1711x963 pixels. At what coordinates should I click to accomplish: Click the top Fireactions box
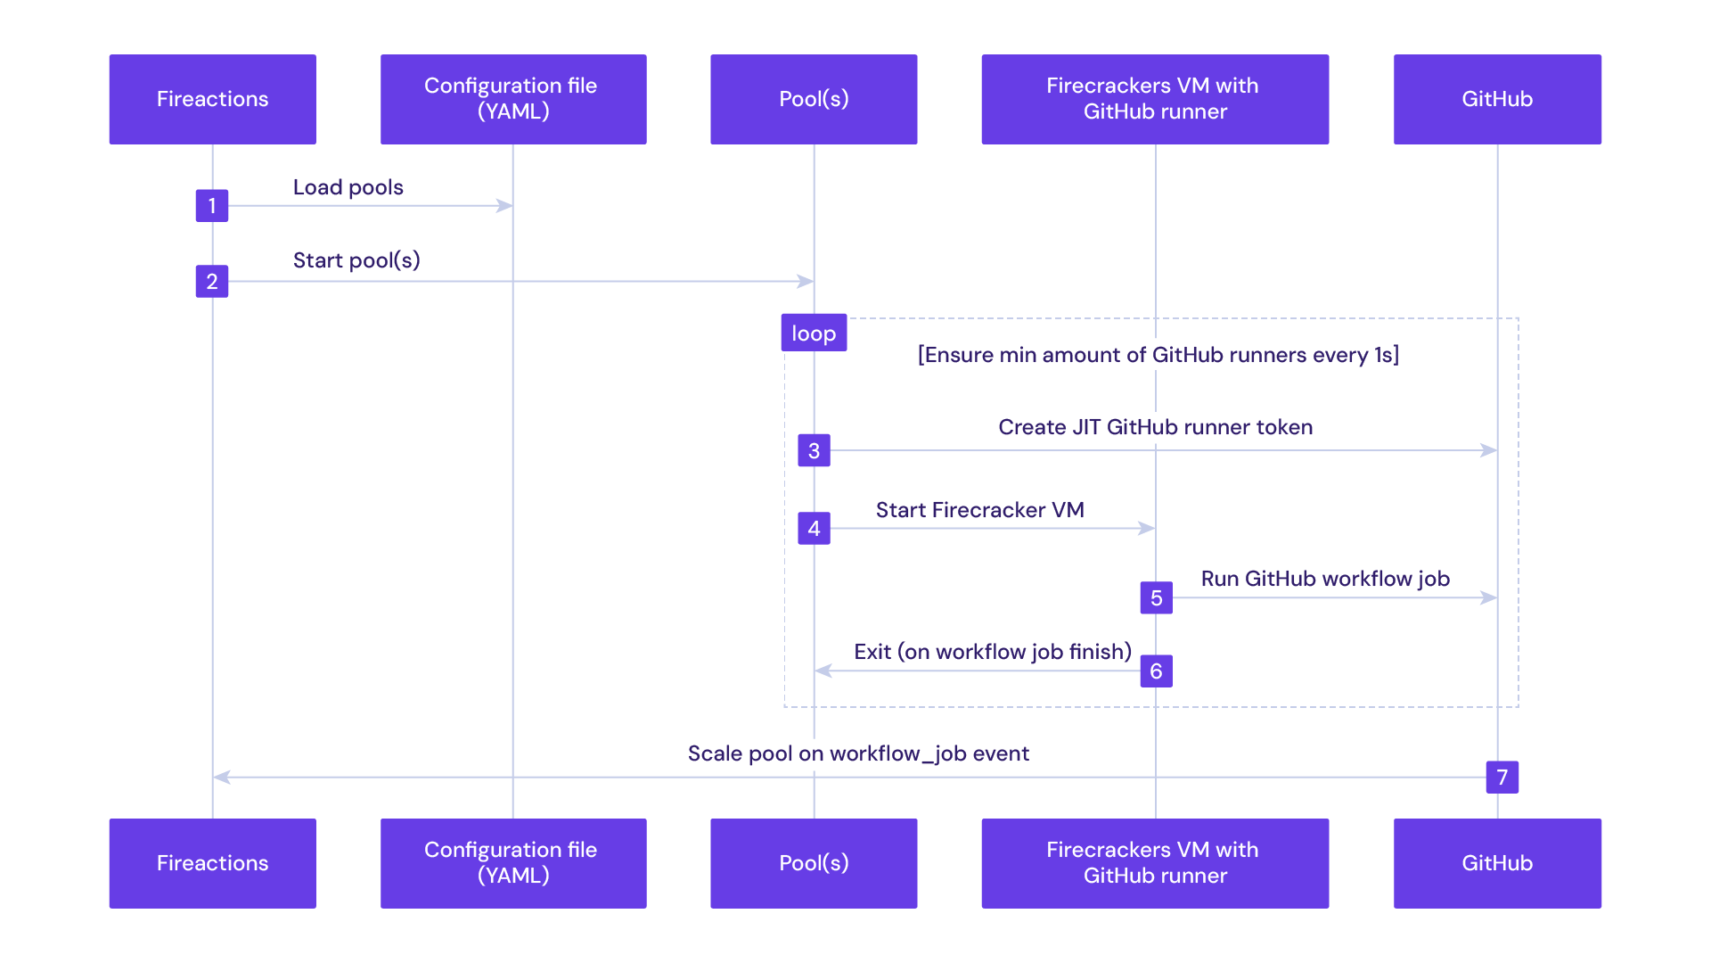pos(212,99)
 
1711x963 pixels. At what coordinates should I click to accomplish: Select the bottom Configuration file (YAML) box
pos(513,862)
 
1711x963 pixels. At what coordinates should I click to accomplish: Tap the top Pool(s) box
pos(814,99)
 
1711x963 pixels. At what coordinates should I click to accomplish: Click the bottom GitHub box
pos(1497,862)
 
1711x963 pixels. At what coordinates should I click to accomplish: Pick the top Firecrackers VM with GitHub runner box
pos(1155,99)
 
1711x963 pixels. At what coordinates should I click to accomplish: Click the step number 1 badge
pos(212,206)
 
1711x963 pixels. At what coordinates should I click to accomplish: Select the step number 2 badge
pos(212,282)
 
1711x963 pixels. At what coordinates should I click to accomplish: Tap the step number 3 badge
pos(814,451)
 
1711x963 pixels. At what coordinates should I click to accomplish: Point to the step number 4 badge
pos(814,529)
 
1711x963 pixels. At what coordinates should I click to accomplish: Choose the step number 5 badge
pos(1156,598)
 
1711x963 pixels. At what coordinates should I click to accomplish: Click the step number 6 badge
pos(1156,671)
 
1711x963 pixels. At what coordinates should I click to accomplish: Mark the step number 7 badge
pos(1502,778)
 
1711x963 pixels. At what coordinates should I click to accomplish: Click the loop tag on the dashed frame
pos(814,333)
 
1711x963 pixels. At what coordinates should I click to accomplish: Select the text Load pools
pos(348,187)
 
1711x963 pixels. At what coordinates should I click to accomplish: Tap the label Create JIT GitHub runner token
pos(1155,427)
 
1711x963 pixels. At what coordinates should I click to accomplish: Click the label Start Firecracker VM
pos(979,510)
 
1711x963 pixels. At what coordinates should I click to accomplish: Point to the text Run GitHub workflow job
pos(1325,579)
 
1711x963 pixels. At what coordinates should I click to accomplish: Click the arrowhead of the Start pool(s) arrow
pos(806,282)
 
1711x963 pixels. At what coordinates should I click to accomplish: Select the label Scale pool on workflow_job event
pos(858,753)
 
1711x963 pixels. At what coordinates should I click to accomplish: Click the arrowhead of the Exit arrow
pos(823,671)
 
